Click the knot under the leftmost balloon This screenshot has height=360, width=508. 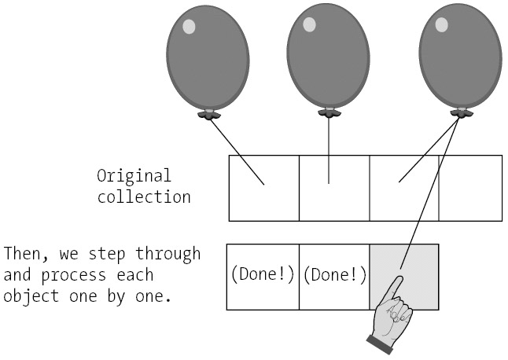pos(208,115)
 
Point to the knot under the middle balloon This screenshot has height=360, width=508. pos(329,113)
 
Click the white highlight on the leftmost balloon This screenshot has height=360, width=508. pos(189,27)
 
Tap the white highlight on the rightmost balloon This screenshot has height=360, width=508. pos(440,24)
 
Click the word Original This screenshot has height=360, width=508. pos(134,175)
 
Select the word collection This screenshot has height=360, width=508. pos(144,197)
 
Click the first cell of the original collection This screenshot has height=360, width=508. pos(264,188)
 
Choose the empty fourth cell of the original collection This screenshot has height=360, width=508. pos(470,188)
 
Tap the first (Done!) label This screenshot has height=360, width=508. pos(263,276)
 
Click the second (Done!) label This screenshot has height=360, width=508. pos(334,276)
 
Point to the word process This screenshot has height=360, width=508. pos(93,276)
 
